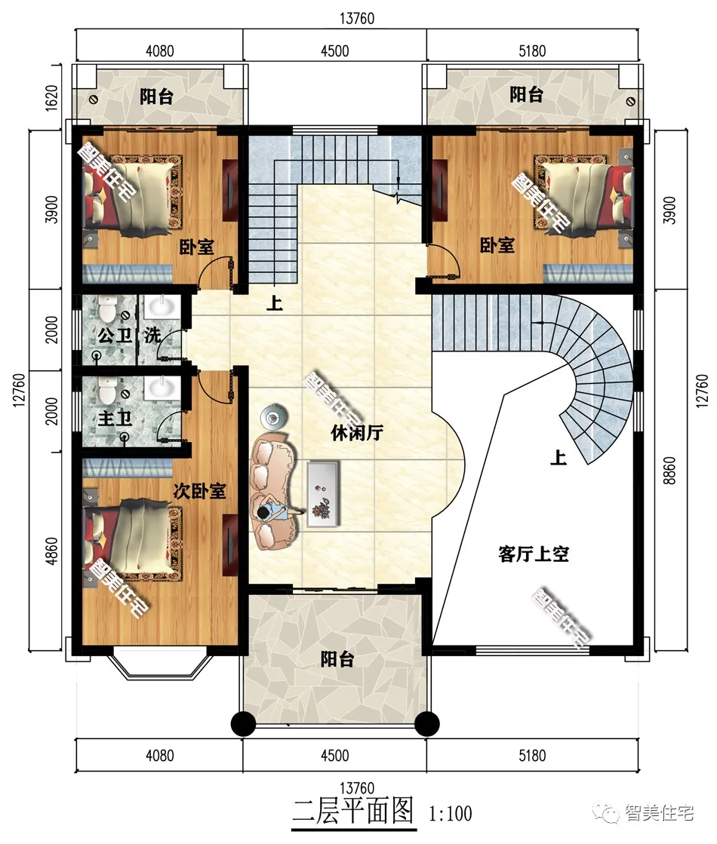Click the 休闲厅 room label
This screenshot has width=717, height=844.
[357, 432]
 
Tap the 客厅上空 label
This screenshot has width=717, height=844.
[534, 554]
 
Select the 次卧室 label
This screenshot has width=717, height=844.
[199, 491]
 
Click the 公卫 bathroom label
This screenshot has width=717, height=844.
[115, 336]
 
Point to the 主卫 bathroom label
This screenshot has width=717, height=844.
[115, 418]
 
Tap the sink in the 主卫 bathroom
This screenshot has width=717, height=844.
[161, 388]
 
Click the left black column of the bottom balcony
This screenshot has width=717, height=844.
[244, 723]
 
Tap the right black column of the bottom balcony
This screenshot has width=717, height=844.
[426, 723]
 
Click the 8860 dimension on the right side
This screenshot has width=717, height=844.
[669, 471]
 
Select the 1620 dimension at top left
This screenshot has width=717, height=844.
[51, 97]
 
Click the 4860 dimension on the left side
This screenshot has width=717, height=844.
[51, 551]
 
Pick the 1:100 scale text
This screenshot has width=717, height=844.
[451, 813]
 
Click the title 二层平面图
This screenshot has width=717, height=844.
[353, 811]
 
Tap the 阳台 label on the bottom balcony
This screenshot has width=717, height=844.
[337, 659]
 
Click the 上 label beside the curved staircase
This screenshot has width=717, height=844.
[558, 458]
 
